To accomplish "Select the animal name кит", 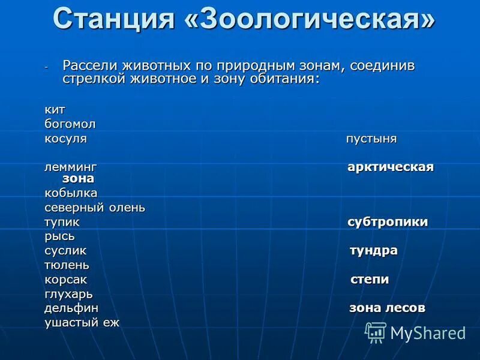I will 55,110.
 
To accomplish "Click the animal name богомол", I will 70,124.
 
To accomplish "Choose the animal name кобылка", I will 71,193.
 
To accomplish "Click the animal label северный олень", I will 95,208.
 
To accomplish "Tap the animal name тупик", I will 62,222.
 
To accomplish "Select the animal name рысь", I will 59,236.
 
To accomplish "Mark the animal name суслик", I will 65,250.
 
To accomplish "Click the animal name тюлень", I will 67,265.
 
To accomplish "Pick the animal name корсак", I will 65,279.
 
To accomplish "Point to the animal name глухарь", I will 68,294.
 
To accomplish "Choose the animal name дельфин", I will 71,308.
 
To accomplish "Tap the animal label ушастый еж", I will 82,323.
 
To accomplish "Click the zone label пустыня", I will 371,139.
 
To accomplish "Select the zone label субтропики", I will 388,222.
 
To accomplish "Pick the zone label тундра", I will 374,250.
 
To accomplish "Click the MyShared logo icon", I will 376,332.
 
